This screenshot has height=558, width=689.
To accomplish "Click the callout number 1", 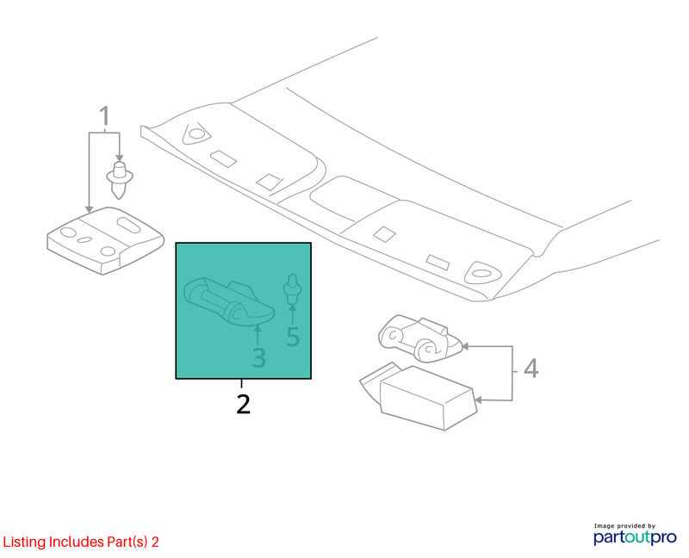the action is [104, 116].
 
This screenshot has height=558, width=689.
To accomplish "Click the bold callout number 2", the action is [243, 404].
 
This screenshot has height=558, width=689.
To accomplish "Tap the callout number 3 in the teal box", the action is [259, 357].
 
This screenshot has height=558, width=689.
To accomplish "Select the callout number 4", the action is [531, 369].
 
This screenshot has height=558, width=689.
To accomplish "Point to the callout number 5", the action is [293, 337].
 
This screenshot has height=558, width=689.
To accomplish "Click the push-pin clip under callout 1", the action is [120, 180].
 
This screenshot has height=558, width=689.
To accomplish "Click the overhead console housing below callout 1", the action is [105, 241].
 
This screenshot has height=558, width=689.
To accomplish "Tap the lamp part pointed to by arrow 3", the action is [229, 301].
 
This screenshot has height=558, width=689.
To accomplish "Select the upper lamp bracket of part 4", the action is [419, 338].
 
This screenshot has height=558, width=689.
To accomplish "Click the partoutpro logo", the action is [635, 537].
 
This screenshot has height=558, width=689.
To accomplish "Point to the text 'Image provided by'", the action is [624, 525].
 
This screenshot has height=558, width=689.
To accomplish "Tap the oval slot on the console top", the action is [128, 224].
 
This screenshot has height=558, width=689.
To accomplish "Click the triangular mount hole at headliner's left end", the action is [196, 133].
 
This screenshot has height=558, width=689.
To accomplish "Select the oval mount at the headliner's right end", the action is [482, 273].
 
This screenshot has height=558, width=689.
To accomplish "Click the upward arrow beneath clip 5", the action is [291, 313].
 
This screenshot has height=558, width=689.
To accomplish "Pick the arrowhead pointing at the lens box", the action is [479, 400].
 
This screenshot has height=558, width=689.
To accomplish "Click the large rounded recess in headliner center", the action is [351, 199].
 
